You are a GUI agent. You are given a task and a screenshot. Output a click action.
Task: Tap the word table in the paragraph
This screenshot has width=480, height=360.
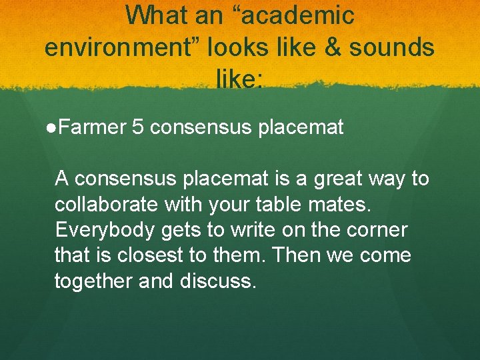pyautogui.click(x=281, y=204)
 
